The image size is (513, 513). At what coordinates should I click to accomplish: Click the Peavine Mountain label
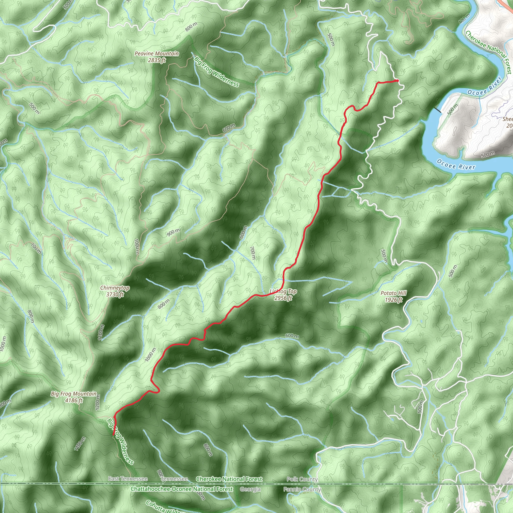(x=157, y=54)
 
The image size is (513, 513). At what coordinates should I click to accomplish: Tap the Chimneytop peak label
(x=115, y=288)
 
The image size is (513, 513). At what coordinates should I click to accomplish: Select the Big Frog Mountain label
(x=74, y=394)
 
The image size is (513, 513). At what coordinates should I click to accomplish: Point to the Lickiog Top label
(x=283, y=292)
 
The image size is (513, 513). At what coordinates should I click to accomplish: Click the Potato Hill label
(x=393, y=293)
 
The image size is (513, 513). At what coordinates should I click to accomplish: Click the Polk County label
(x=302, y=479)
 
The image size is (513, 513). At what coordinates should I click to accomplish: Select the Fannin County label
(x=302, y=489)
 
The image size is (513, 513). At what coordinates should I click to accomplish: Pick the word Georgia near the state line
(x=250, y=489)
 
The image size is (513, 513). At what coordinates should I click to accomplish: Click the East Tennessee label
(x=128, y=479)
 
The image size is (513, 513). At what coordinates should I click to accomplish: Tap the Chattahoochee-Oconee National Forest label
(x=182, y=489)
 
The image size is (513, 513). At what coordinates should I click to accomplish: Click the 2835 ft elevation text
(x=157, y=60)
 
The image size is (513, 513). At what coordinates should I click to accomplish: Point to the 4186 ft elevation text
(x=74, y=401)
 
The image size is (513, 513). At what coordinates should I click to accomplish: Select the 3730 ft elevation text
(x=115, y=295)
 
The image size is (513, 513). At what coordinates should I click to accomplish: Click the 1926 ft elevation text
(x=393, y=300)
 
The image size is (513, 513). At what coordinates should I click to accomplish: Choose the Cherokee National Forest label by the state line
(x=229, y=479)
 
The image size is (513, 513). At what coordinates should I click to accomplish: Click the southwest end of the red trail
(x=114, y=435)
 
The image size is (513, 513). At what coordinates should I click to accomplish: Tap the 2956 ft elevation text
(x=283, y=298)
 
